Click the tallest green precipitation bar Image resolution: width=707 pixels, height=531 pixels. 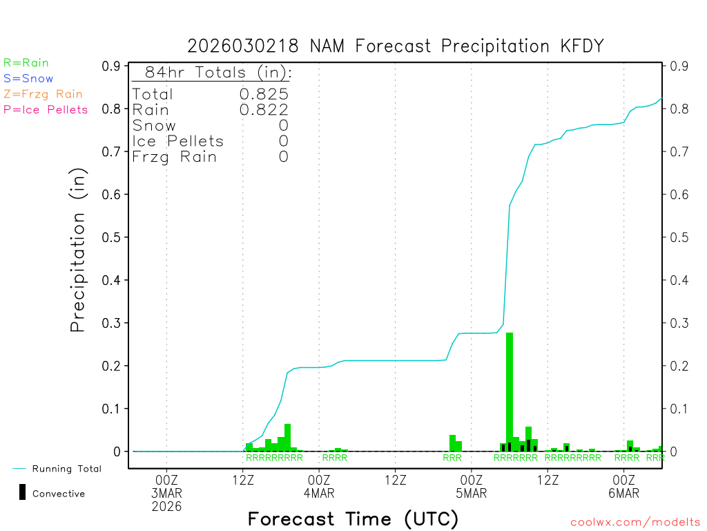tap(510, 391)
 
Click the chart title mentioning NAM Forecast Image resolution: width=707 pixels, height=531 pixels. tap(396, 46)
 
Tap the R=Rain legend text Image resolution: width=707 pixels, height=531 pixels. tap(26, 63)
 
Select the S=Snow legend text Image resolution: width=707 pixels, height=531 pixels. tap(28, 79)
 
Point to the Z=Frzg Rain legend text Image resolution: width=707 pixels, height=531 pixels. tap(43, 94)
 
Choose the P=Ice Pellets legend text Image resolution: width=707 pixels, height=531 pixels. tap(46, 109)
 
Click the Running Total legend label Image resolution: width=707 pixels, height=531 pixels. tap(66, 469)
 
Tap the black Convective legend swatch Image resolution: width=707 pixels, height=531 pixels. tap(22, 492)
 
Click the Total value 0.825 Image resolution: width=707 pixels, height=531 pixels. tap(264, 94)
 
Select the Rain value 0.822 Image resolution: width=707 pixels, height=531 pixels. tap(264, 109)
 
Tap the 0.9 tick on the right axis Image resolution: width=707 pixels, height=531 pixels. tap(677, 66)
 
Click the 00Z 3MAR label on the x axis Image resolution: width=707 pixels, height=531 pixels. tap(167, 487)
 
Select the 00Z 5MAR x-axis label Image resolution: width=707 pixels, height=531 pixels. tap(472, 487)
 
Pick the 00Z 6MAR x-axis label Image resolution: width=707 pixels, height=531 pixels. tap(623, 487)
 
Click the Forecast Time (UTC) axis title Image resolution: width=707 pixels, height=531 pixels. tap(353, 519)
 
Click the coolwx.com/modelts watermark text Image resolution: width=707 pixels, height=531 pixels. tap(635, 523)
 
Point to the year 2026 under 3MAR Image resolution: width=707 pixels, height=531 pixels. tap(167, 507)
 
